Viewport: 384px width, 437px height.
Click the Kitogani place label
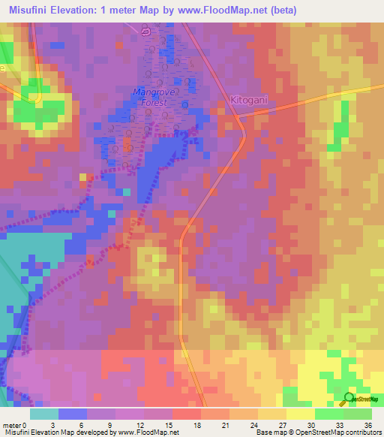pos(247,100)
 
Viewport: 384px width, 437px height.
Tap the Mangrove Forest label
pos(152,98)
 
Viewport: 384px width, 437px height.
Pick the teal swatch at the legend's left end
pos(44,413)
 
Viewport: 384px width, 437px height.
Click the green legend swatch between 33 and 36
pos(357,413)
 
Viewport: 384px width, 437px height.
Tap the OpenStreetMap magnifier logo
pos(349,398)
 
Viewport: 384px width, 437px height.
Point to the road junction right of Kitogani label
pos(237,116)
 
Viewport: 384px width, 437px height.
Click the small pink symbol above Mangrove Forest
pos(146,32)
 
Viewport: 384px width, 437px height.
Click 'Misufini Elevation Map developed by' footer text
pos(58,432)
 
